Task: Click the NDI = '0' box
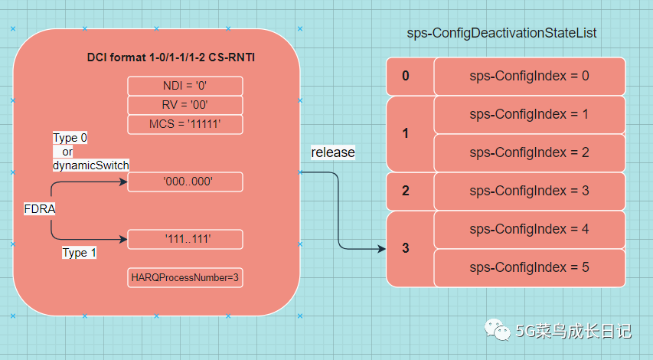185,86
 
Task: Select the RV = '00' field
185,105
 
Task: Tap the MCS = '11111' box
185,124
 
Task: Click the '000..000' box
185,182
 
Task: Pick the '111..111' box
185,239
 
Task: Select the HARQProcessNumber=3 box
185,277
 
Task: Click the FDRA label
40,209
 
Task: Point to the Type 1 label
79,253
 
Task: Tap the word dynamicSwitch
91,165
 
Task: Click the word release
333,152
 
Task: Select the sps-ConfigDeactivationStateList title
501,33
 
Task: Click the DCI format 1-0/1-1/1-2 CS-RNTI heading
171,57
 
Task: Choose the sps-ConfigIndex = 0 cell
529,77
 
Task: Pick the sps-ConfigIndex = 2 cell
529,153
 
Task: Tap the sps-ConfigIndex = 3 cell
529,191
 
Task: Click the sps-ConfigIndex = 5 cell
529,268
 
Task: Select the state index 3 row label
406,248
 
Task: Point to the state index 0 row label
406,76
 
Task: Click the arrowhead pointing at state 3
381,249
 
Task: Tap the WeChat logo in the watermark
498,330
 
